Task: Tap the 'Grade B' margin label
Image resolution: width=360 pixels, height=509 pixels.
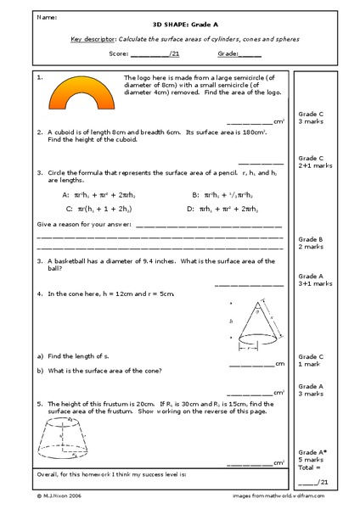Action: [310, 239]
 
